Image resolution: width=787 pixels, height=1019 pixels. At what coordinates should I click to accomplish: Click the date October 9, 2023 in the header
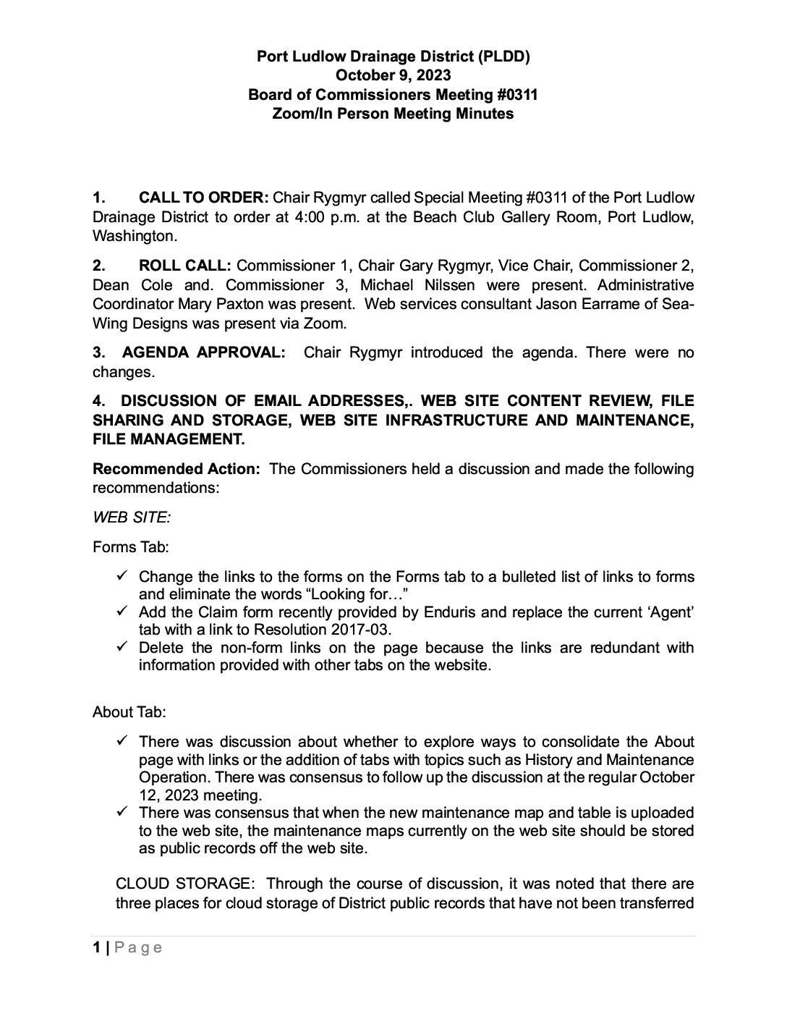393,75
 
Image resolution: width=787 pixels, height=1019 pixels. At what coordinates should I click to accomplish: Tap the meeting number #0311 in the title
513,95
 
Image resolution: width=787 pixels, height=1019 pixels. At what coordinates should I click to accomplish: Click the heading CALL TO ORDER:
203,198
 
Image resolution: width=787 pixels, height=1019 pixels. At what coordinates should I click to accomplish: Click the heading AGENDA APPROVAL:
203,353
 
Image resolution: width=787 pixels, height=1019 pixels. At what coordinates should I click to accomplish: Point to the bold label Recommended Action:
176,469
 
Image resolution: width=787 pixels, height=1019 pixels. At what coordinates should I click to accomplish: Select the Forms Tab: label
130,547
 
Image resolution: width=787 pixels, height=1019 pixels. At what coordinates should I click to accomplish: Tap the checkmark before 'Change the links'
122,576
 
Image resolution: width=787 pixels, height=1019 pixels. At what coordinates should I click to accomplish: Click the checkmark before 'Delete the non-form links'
122,647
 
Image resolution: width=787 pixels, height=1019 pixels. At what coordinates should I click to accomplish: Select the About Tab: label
129,712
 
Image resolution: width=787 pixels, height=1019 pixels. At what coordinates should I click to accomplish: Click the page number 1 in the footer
96,948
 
